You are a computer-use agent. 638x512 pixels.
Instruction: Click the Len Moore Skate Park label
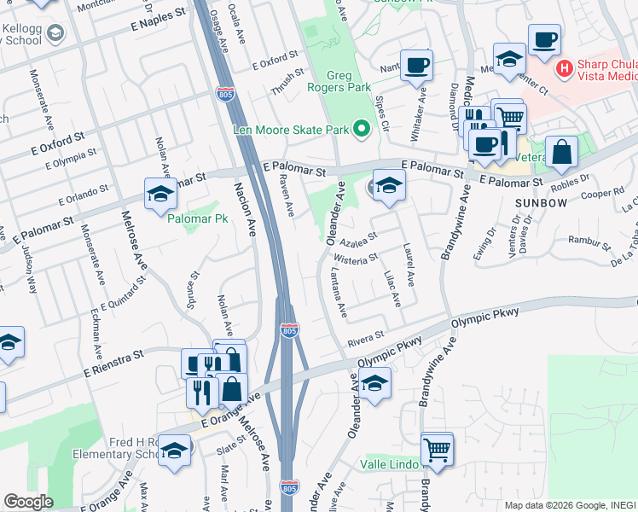291,131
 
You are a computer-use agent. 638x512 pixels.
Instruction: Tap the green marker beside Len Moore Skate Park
362,131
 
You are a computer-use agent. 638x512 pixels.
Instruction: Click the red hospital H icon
563,67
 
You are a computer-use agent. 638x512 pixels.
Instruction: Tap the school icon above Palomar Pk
160,195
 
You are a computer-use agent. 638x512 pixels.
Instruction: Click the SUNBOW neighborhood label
541,202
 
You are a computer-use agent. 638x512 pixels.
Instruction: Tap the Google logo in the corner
28,502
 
